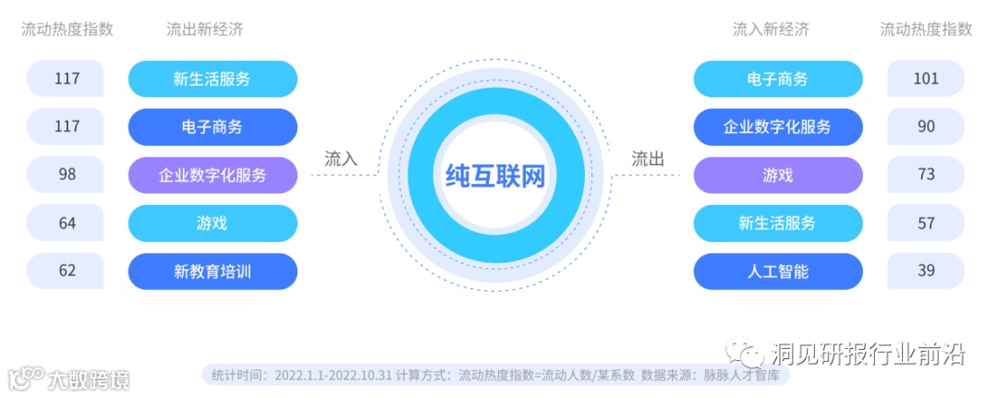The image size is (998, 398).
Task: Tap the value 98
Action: coord(67,175)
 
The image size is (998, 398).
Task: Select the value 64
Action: coord(67,223)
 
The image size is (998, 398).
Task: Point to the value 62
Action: coord(67,271)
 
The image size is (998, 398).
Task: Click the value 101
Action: coord(925,78)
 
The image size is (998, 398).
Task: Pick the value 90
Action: coord(925,127)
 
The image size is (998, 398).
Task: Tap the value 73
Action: coord(925,175)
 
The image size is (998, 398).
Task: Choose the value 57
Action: coord(925,223)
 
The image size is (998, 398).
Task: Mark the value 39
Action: coord(925,271)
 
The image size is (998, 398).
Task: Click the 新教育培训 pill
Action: coord(213,271)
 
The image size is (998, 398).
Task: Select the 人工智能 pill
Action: coord(777,271)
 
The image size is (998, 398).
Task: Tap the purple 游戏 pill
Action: coord(777,175)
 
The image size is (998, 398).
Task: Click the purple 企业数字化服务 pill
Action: coord(213,175)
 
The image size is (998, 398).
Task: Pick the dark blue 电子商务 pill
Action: coord(213,127)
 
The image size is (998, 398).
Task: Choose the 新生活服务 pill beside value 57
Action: coord(777,223)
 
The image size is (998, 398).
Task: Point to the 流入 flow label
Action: coord(340,159)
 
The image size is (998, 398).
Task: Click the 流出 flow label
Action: coord(647,159)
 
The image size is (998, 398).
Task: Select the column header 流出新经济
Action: coord(204,30)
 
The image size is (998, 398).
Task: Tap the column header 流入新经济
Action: coord(771,30)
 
